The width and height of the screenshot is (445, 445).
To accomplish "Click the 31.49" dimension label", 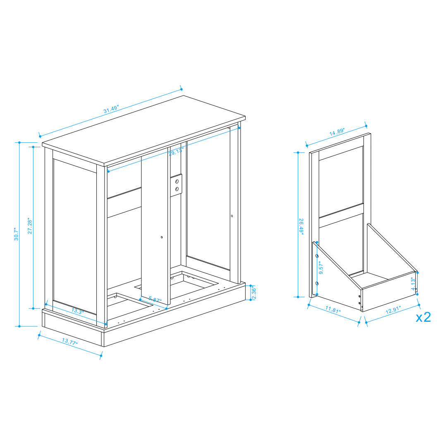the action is click(111, 109).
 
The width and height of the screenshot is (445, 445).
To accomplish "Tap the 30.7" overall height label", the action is click(16, 234).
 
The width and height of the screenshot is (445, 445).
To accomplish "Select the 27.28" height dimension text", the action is click(30, 226).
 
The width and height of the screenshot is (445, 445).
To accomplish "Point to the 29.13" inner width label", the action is click(176, 151).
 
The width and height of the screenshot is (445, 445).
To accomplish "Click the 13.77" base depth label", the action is click(69, 342).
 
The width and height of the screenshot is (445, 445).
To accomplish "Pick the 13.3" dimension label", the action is click(77, 311).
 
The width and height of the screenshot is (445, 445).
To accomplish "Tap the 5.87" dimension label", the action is click(155, 299).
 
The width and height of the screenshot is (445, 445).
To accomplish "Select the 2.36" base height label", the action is click(254, 293).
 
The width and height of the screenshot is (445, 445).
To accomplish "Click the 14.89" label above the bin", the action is click(337, 132).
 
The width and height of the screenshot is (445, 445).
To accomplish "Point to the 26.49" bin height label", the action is click(301, 227).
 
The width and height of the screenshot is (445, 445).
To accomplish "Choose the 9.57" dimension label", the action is click(321, 267).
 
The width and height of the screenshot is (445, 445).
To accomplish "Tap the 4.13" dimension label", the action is click(413, 284).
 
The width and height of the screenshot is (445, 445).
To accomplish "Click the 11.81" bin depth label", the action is click(333, 309).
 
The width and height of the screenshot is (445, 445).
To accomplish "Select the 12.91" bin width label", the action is click(393, 310).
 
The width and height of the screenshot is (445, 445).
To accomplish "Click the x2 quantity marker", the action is click(423, 317).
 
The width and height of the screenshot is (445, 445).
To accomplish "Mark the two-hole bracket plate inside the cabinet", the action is click(176, 185).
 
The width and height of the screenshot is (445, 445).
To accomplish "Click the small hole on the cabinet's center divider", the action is click(162, 237).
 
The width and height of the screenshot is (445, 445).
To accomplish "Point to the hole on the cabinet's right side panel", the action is click(232, 216).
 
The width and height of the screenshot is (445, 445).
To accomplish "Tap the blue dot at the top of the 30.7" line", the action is click(19, 142).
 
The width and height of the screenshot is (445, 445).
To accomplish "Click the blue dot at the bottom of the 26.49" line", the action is click(298, 297).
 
